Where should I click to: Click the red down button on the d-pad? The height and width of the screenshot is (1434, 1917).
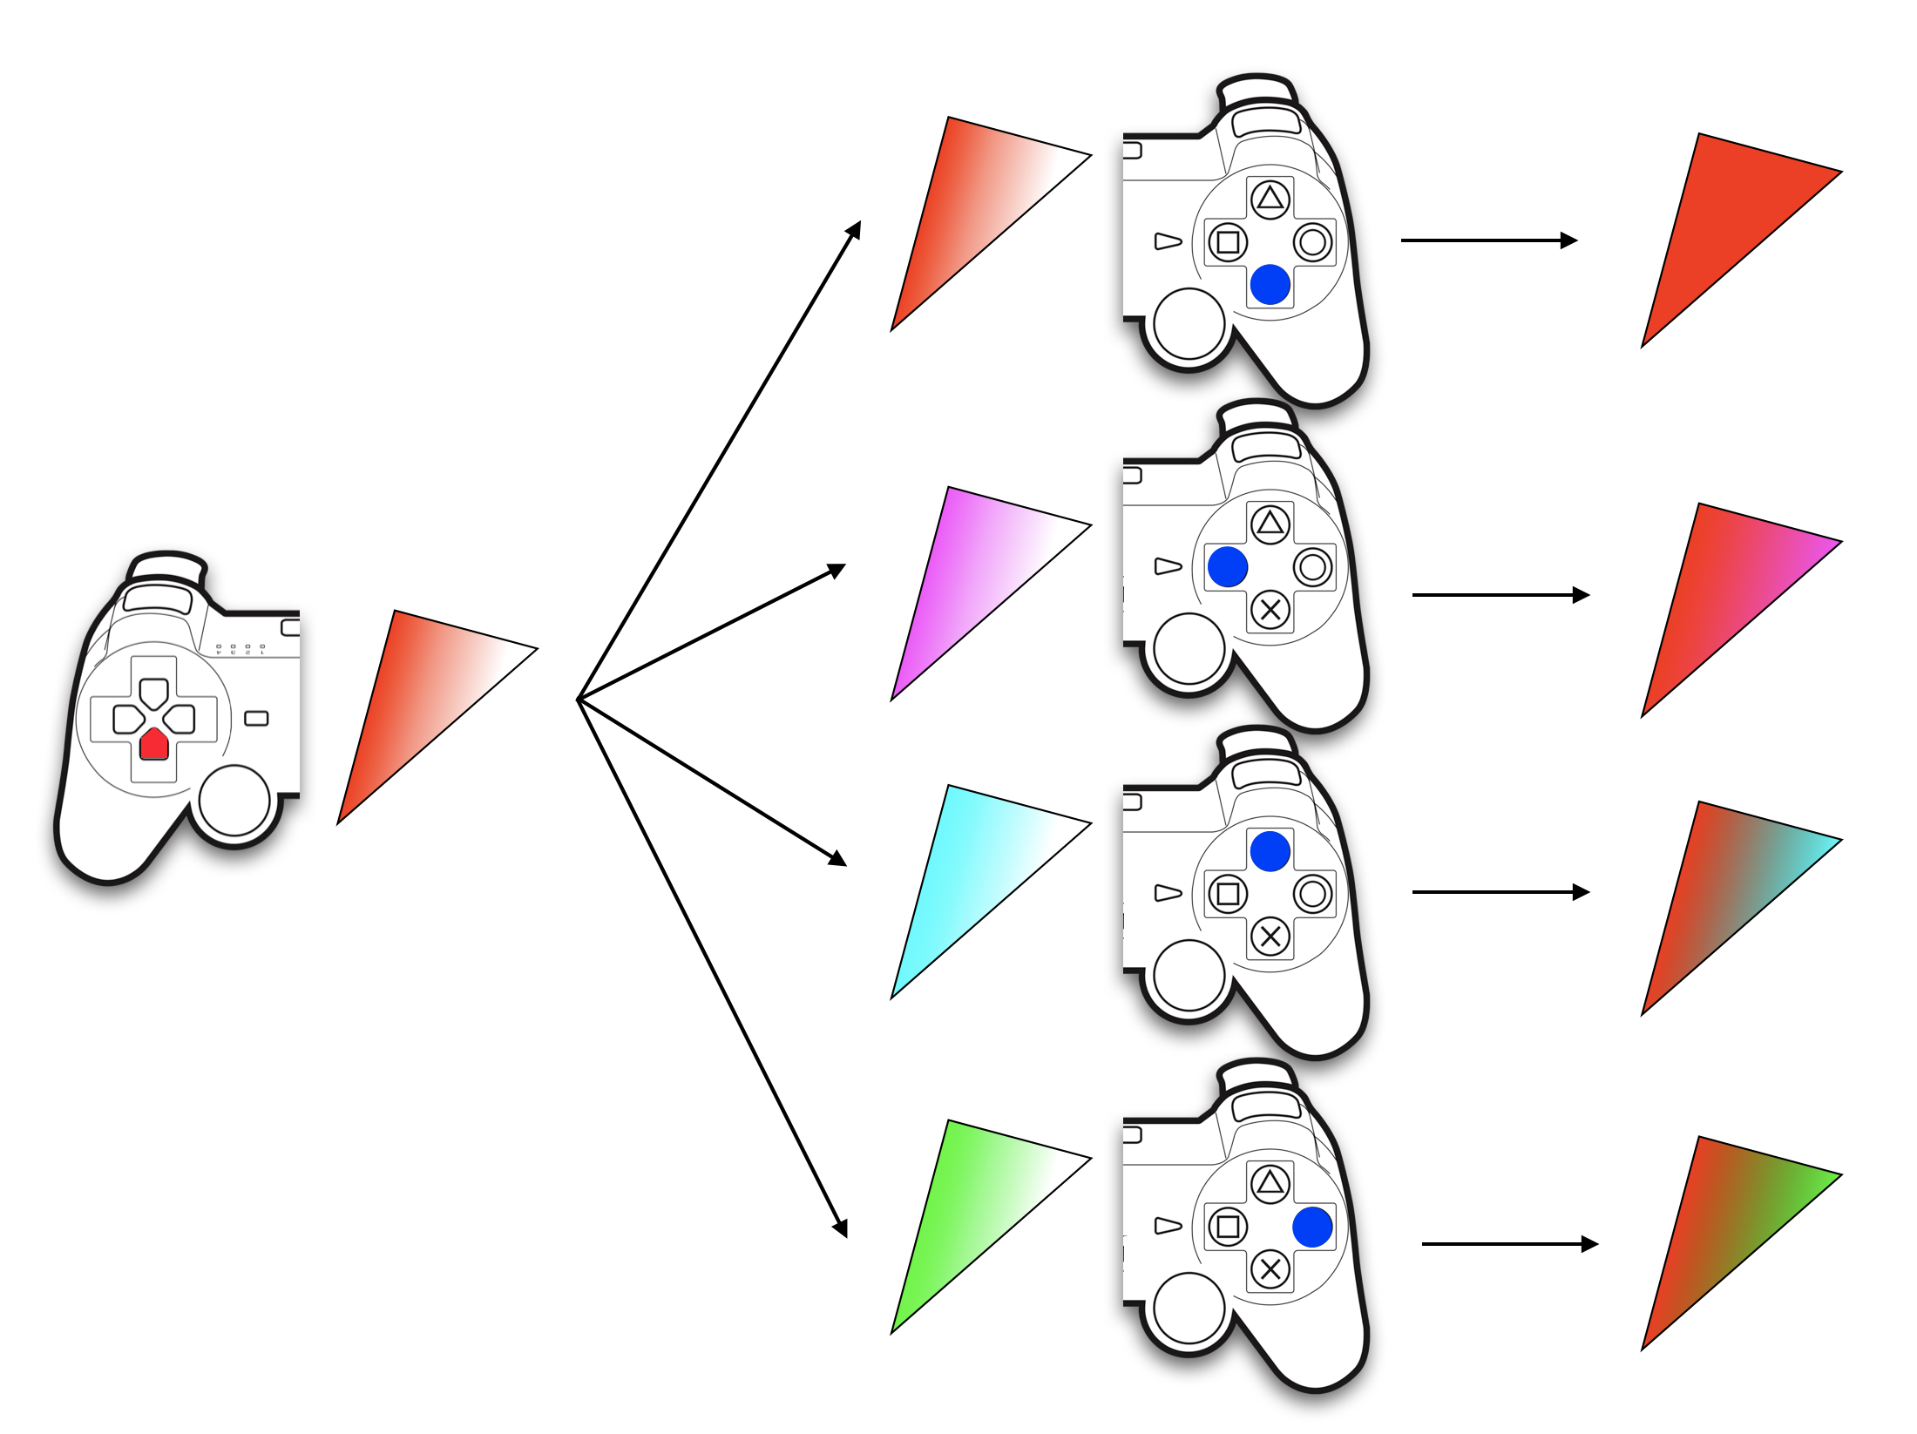pos(154,743)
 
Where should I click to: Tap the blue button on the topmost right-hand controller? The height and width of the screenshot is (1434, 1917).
pos(1270,285)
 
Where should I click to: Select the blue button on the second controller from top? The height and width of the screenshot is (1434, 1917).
pos(1228,566)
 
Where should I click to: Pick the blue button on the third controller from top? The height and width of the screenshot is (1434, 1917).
pos(1270,851)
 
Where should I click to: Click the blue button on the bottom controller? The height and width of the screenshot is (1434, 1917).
pos(1312,1227)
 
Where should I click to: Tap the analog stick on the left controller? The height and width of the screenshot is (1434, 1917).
pos(234,800)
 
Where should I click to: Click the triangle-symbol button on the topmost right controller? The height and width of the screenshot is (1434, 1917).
pos(1270,200)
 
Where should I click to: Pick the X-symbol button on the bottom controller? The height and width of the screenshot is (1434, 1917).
pos(1270,1269)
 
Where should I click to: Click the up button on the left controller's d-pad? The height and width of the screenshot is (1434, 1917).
pos(154,693)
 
